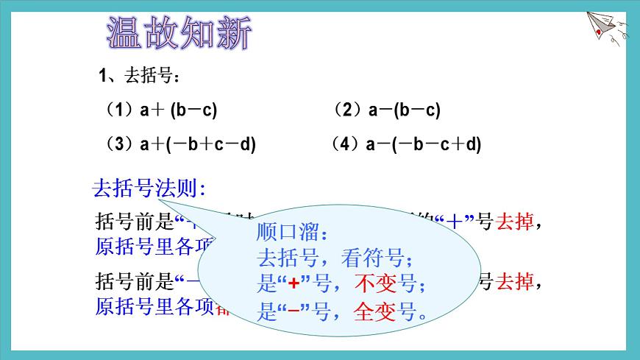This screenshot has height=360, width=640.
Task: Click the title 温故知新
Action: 179,33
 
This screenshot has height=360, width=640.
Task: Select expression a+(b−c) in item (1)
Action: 179,110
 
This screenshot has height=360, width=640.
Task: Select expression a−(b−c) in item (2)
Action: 404,110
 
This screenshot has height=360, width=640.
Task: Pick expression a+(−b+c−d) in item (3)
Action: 198,144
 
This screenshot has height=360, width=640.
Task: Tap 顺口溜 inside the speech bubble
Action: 290,233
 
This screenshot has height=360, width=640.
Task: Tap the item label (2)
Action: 345,110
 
